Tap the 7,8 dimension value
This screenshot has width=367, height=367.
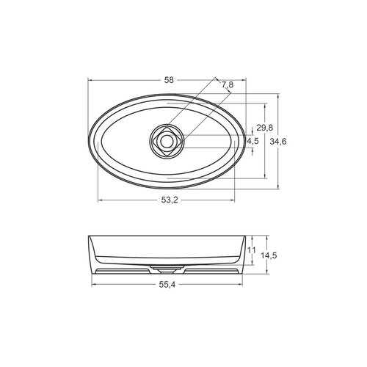point(226,86)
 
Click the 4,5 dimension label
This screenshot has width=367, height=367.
point(252,140)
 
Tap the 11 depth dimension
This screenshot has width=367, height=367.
point(250,252)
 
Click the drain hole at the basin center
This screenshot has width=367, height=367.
point(167,140)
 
